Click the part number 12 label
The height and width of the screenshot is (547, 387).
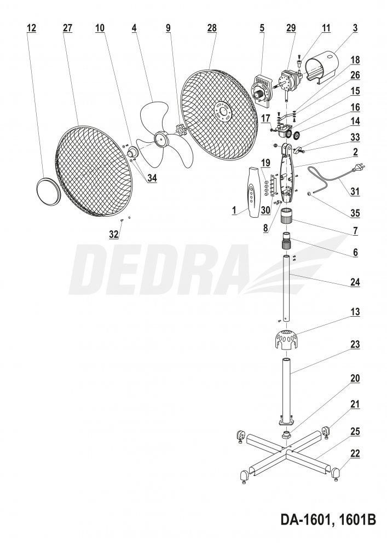pos(31,28)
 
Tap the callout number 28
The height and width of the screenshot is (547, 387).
pos(212,28)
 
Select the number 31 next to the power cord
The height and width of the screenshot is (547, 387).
pos(355,191)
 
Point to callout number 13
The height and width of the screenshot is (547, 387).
pos(355,312)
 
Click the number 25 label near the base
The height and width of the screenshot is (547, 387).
pos(355,432)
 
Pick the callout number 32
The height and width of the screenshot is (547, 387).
pos(114,234)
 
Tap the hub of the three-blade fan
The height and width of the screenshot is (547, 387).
pos(160,138)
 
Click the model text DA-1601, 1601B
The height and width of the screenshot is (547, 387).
pos(328,519)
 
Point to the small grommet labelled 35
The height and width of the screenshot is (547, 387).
pos(309,193)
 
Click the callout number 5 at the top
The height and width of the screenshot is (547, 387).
pos(262,28)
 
